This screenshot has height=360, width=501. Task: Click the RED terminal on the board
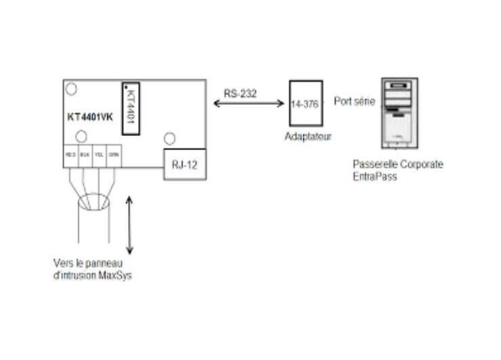pos(70,154)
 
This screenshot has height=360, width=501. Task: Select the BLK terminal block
pos(85,154)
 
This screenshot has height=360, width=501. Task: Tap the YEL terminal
pos(99,154)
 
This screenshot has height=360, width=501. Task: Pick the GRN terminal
pos(114,154)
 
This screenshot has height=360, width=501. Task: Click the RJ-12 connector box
pos(184,164)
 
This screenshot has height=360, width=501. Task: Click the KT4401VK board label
pos(89,117)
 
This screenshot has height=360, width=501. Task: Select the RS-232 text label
pos(240,94)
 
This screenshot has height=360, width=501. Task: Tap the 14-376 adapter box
pos(305,103)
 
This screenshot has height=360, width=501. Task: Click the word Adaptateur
pos(307,136)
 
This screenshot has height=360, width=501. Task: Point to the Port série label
pos(354,102)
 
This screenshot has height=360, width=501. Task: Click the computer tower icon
pos(398,114)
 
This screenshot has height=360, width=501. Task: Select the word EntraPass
pos(375,175)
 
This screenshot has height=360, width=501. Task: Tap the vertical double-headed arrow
pos(129,224)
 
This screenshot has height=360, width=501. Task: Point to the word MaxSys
pos(117,275)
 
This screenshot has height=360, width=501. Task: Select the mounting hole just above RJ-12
pos(170,139)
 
